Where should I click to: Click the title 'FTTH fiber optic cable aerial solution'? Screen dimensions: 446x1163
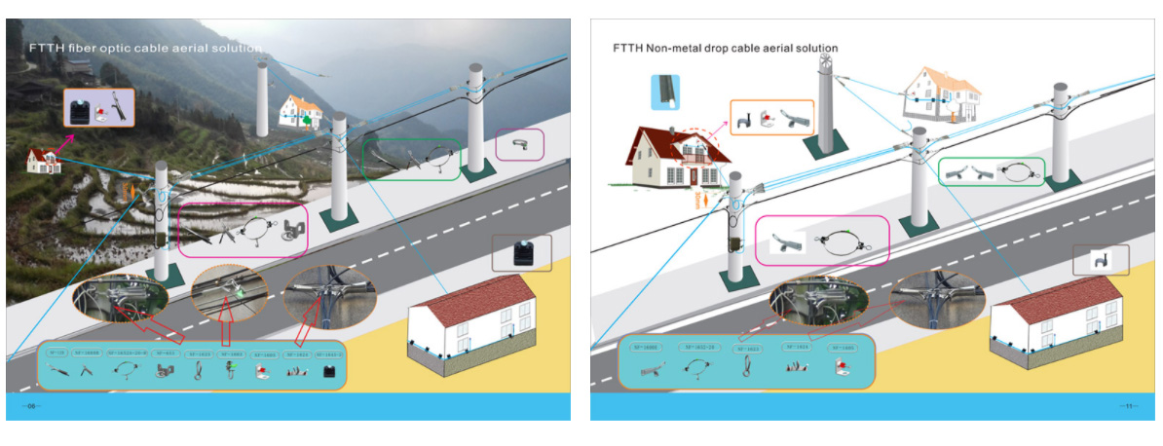(145, 47)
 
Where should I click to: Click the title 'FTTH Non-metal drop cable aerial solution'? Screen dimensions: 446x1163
(725, 47)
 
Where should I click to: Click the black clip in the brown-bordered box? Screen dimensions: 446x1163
(523, 253)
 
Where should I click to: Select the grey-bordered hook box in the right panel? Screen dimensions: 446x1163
(1101, 260)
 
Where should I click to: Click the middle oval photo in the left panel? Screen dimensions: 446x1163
(230, 289)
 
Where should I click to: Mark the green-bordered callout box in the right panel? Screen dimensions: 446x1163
(992, 172)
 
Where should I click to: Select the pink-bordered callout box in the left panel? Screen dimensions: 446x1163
(243, 230)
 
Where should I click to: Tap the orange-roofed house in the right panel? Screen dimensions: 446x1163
(940, 93)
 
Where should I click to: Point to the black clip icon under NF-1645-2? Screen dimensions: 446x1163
(329, 372)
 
